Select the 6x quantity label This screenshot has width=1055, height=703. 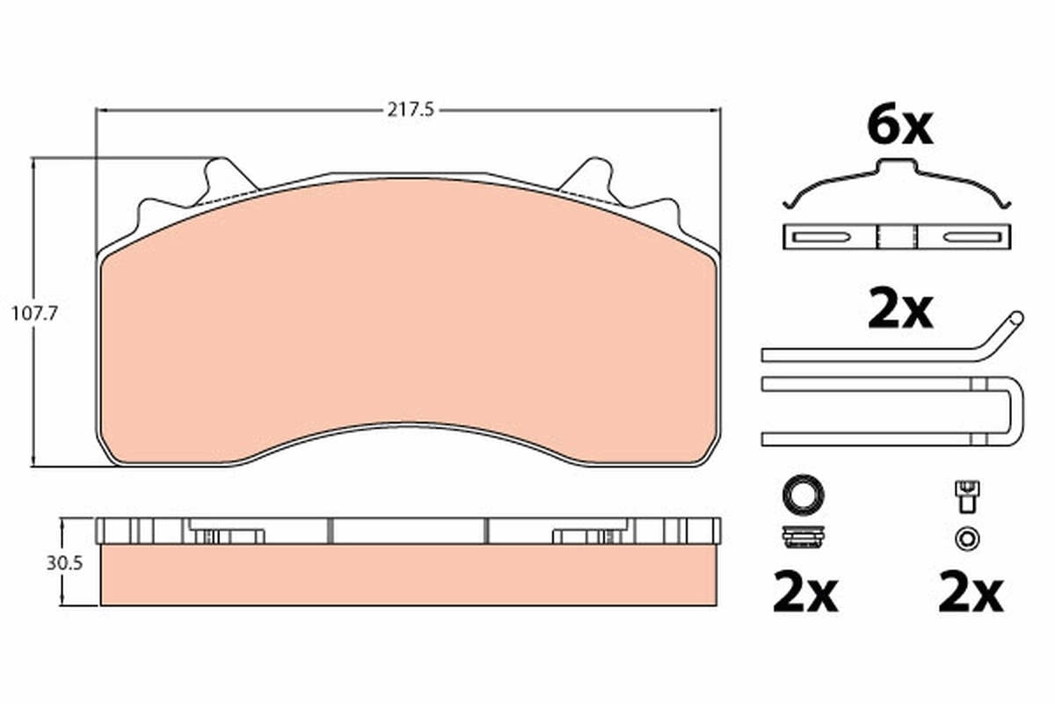pos(899,127)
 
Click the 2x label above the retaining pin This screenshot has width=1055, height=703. pos(899,311)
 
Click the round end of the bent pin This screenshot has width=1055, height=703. pos(1017,319)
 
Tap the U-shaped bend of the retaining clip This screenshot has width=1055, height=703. pos(1016,413)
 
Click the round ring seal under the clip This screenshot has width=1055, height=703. pos(802,494)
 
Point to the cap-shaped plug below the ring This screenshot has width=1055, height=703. pos(802,536)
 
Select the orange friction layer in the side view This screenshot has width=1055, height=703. pos(409,576)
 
